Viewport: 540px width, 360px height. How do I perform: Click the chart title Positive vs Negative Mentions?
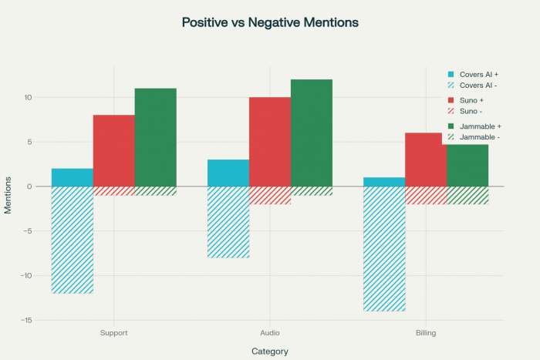pyautogui.click(x=270, y=22)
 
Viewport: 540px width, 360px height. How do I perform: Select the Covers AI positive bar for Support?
pyautogui.click(x=73, y=177)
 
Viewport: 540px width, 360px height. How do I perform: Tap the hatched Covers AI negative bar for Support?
pyautogui.click(x=73, y=240)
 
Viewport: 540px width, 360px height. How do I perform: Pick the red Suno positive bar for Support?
pyautogui.click(x=114, y=150)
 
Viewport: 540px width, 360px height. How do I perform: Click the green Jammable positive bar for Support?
pyautogui.click(x=156, y=137)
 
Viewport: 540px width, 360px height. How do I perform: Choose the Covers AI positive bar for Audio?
pyautogui.click(x=228, y=173)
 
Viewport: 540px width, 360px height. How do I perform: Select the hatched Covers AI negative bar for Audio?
pyautogui.click(x=228, y=222)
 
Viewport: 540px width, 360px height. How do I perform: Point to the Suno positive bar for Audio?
pyautogui.click(x=270, y=142)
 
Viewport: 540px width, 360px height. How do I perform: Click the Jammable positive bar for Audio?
pyautogui.click(x=312, y=133)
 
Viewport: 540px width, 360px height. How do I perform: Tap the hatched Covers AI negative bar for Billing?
pyautogui.click(x=384, y=248)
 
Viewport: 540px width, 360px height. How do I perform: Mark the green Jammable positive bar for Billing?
pyautogui.click(x=467, y=165)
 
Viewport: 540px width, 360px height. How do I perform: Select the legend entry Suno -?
pyautogui.click(x=473, y=111)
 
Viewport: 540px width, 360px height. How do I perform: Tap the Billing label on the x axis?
pyautogui.click(x=426, y=334)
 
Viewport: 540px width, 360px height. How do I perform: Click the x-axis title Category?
pyautogui.click(x=270, y=352)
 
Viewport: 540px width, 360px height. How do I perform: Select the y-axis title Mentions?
pyautogui.click(x=8, y=196)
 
